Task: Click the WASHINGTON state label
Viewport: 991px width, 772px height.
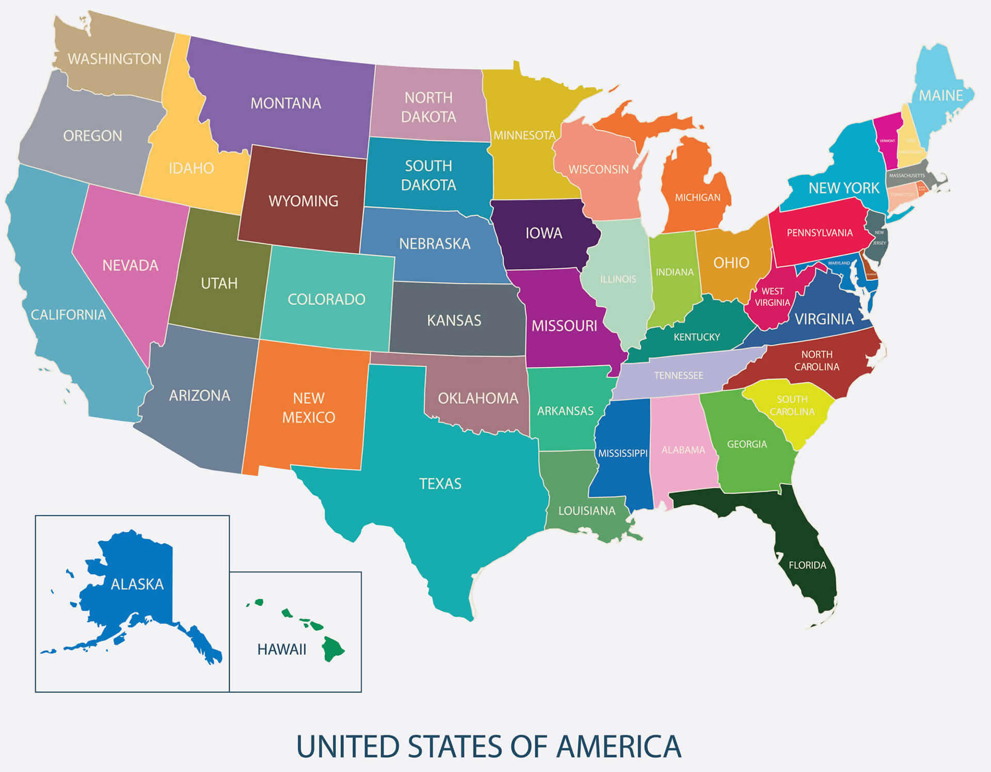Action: pyautogui.click(x=115, y=59)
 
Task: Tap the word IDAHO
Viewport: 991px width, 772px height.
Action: pyautogui.click(x=191, y=168)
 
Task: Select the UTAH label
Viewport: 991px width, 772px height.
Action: pyautogui.click(x=219, y=283)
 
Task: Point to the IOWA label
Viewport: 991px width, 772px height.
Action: pyautogui.click(x=544, y=233)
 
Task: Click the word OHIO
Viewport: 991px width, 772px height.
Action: pyautogui.click(x=731, y=263)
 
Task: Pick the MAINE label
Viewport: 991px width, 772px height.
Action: pyautogui.click(x=940, y=96)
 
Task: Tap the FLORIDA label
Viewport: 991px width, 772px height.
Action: pyautogui.click(x=807, y=565)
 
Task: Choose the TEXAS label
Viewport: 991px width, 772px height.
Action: pyautogui.click(x=440, y=483)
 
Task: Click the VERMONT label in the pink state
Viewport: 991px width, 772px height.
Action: pyautogui.click(x=887, y=140)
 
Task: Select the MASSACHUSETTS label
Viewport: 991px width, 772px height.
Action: pyautogui.click(x=907, y=176)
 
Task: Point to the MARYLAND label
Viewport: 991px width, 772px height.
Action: pyautogui.click(x=839, y=263)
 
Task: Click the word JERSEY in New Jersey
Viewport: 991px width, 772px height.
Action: pyautogui.click(x=880, y=243)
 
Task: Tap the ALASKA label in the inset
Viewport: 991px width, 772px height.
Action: pyautogui.click(x=137, y=584)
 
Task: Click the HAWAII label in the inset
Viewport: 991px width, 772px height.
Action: pyautogui.click(x=281, y=649)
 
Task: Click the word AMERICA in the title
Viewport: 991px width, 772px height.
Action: pyautogui.click(x=619, y=747)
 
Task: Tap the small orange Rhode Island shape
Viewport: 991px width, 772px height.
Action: pyautogui.click(x=922, y=188)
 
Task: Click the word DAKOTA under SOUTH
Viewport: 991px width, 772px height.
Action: pyautogui.click(x=428, y=185)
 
